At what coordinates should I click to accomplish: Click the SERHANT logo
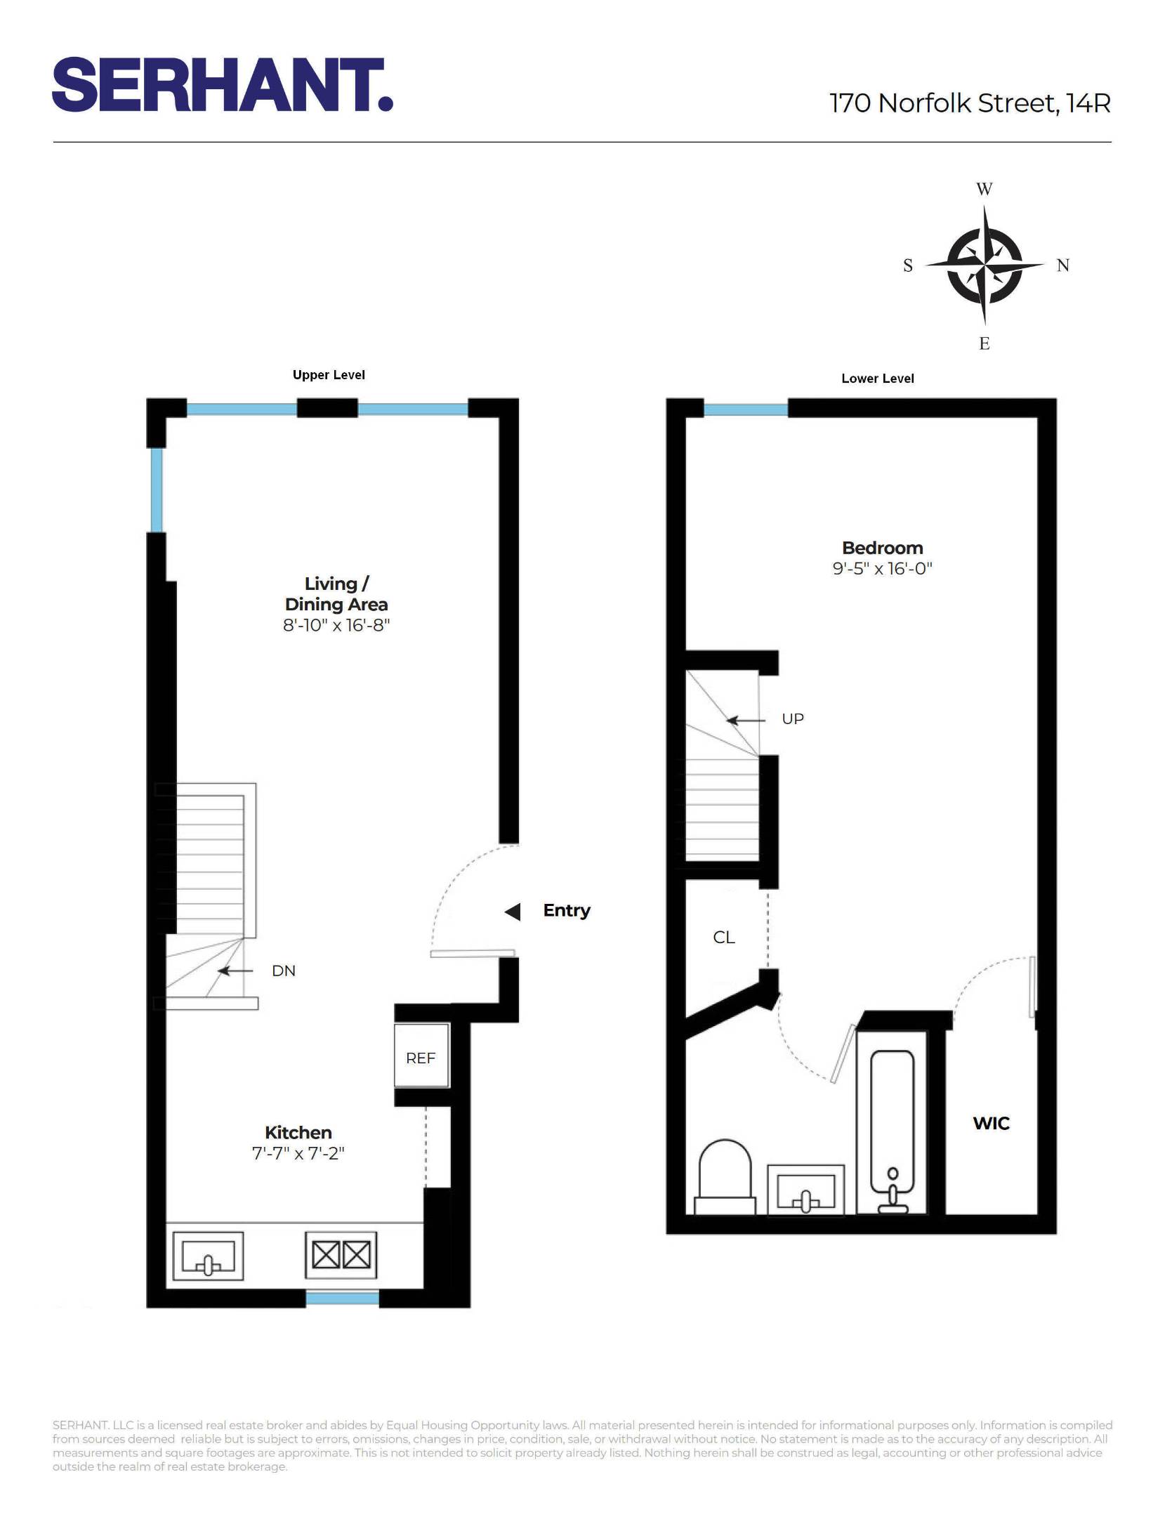(222, 85)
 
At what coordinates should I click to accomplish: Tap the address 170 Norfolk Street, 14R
(970, 103)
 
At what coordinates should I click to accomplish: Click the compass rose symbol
(985, 265)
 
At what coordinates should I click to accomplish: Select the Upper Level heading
(329, 375)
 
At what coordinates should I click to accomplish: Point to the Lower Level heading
(878, 379)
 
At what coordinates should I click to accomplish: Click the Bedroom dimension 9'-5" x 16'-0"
(882, 568)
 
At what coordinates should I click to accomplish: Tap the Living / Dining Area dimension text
(336, 625)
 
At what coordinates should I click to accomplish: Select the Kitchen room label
(298, 1132)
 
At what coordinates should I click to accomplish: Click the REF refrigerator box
(421, 1058)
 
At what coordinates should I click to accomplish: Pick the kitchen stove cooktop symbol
(341, 1255)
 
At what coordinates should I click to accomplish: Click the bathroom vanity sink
(805, 1189)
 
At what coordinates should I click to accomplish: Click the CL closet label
(724, 938)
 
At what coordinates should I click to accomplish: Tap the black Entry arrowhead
(513, 912)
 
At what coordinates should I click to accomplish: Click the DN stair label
(284, 971)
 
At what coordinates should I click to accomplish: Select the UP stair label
(793, 719)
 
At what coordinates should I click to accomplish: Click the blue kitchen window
(343, 1299)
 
